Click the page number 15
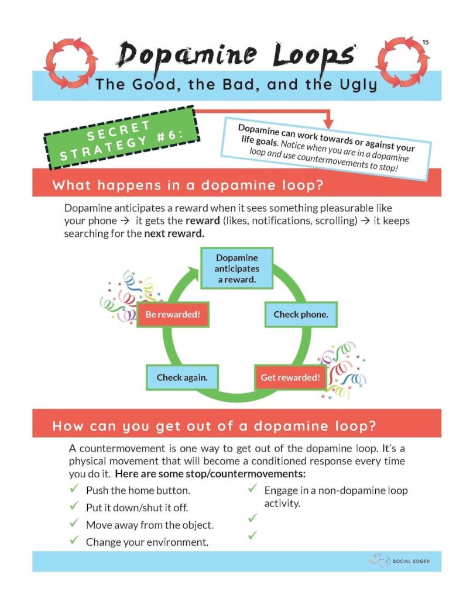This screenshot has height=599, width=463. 426,42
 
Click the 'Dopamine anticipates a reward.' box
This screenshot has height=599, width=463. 236,268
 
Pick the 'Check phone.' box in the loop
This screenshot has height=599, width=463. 301,315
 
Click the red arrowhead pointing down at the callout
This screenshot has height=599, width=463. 328,123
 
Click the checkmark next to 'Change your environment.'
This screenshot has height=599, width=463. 74,541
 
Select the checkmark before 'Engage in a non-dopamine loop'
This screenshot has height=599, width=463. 253,488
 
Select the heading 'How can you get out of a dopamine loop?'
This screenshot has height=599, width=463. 214,425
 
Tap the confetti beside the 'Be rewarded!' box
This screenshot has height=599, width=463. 120,295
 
